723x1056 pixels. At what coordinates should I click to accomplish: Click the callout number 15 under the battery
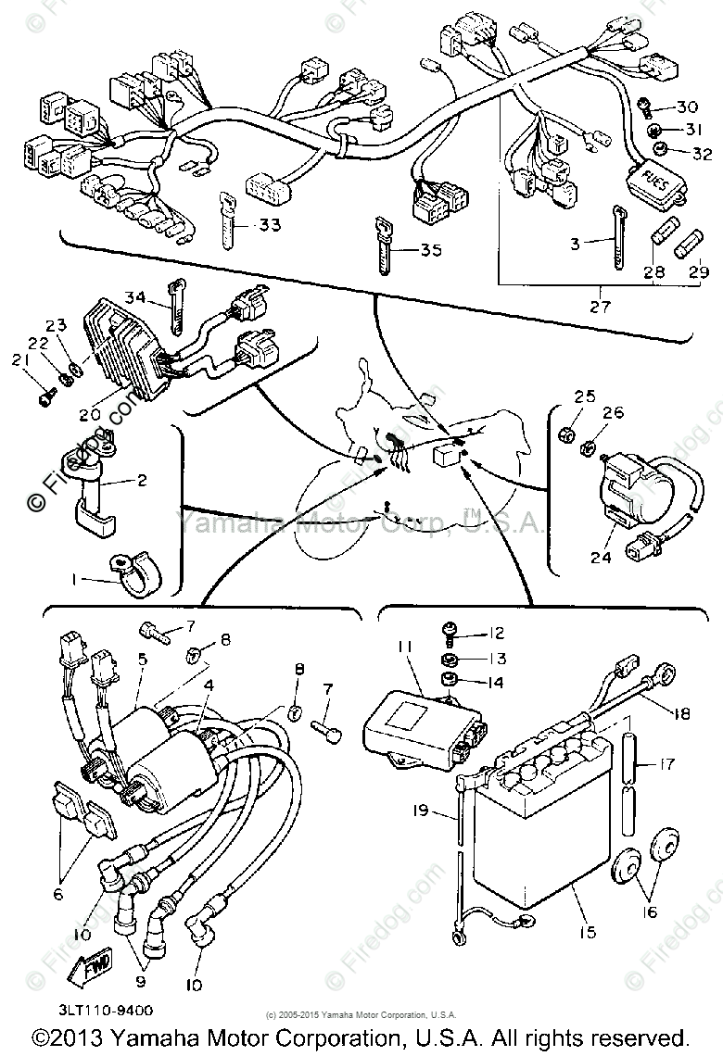click(x=587, y=932)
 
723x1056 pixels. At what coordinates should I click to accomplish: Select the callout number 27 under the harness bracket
click(x=601, y=306)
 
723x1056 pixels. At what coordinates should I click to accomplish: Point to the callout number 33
click(x=270, y=225)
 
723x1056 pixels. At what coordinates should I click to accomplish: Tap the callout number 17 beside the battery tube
click(x=666, y=765)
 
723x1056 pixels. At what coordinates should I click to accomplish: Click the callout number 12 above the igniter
click(x=497, y=635)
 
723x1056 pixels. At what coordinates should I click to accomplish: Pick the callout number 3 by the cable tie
click(x=576, y=244)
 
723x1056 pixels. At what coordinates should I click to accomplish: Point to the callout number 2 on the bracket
click(x=142, y=481)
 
